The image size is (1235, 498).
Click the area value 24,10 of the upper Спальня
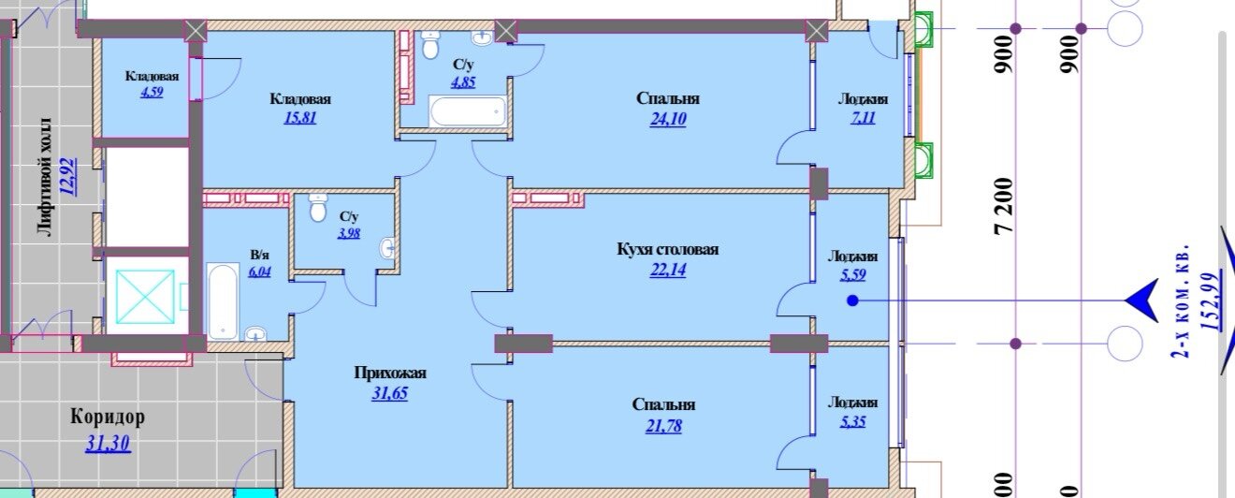(668, 119)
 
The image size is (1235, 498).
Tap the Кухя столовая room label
(667, 249)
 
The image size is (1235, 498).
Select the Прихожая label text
(390, 373)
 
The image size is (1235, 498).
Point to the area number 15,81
(300, 117)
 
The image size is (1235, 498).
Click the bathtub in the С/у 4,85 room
(468, 111)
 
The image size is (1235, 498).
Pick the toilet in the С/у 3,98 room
(317, 208)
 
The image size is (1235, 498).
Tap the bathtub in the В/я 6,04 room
(224, 300)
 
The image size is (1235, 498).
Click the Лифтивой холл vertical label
(47, 177)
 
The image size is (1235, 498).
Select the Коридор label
(108, 417)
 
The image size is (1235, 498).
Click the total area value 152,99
(1211, 310)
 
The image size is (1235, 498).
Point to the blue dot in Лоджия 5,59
(853, 300)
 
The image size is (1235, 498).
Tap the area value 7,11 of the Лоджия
(863, 117)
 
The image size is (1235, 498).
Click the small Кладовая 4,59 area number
(152, 92)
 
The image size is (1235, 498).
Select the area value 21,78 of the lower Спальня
(663, 426)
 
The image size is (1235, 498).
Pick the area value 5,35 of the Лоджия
(853, 422)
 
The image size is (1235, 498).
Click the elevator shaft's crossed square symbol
(145, 297)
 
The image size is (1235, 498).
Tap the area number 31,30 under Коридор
(109, 444)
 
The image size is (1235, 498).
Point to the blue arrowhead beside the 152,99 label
(1141, 300)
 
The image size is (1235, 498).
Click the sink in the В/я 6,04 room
(254, 333)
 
